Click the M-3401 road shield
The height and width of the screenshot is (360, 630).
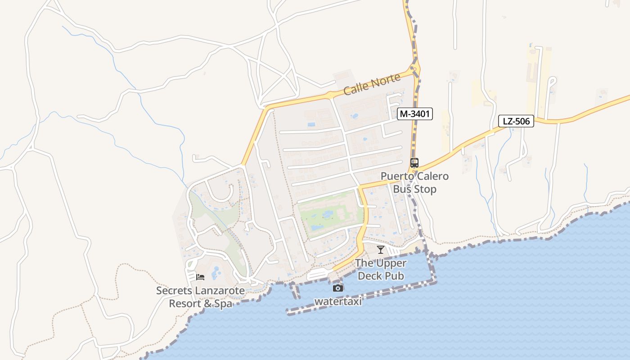(x=415, y=114)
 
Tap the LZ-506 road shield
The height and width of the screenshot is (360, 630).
(x=516, y=121)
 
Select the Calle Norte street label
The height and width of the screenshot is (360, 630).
(x=372, y=85)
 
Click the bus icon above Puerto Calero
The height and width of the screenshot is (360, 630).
(x=414, y=163)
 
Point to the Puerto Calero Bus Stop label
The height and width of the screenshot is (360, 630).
(x=414, y=182)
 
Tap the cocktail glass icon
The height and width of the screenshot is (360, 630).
(x=381, y=249)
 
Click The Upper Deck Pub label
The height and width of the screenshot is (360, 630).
(x=381, y=270)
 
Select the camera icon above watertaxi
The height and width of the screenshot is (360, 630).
(x=338, y=288)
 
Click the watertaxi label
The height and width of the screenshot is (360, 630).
(x=338, y=301)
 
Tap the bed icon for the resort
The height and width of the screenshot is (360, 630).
(x=200, y=277)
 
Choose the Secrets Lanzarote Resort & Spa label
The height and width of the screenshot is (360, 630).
(x=200, y=297)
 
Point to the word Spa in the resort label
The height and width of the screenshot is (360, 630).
(x=223, y=304)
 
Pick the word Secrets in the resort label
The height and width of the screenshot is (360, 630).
(x=174, y=291)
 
